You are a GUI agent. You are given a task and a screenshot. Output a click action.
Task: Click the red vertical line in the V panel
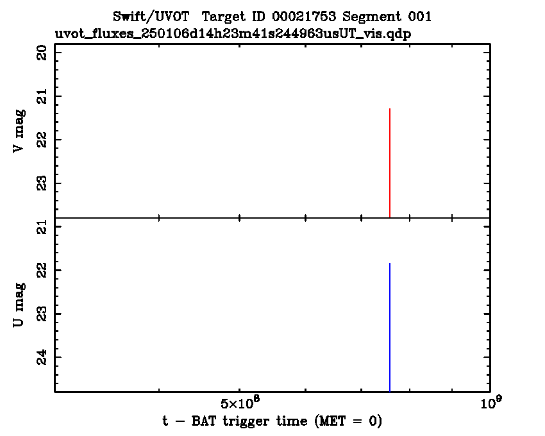(x=390, y=163)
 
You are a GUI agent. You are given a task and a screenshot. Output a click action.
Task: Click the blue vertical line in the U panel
(x=390, y=327)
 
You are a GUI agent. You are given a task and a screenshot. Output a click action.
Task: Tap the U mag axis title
(x=20, y=305)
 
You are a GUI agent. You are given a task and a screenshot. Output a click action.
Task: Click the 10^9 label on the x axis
(x=490, y=403)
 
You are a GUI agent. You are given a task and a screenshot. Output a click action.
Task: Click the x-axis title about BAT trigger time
(x=272, y=421)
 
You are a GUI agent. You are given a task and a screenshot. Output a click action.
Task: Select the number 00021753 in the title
(x=301, y=16)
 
